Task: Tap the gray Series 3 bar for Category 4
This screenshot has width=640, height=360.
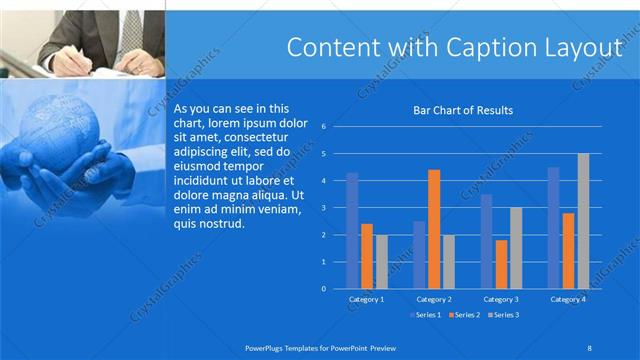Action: (583, 221)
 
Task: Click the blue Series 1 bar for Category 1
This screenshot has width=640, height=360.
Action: (352, 231)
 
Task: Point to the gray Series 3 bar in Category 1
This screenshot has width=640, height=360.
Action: (381, 262)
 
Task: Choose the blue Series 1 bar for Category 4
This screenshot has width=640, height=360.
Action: (553, 228)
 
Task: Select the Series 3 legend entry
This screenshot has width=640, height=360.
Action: (503, 315)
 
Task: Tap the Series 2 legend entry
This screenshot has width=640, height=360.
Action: (464, 315)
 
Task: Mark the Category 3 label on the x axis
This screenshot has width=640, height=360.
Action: (501, 299)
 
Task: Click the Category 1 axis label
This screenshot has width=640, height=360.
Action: (366, 299)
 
